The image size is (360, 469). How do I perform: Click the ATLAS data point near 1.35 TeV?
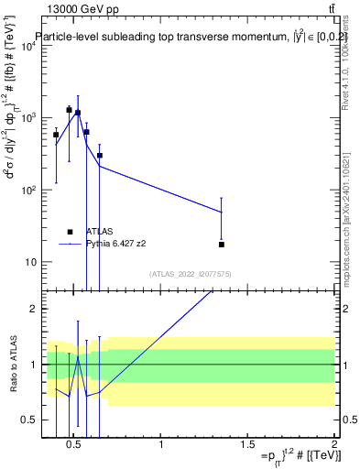[x=222, y=245]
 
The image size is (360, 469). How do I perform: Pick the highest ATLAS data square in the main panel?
[x=69, y=110]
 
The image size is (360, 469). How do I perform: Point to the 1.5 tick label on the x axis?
[x=247, y=446]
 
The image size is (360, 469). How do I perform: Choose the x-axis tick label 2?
[x=334, y=446]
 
